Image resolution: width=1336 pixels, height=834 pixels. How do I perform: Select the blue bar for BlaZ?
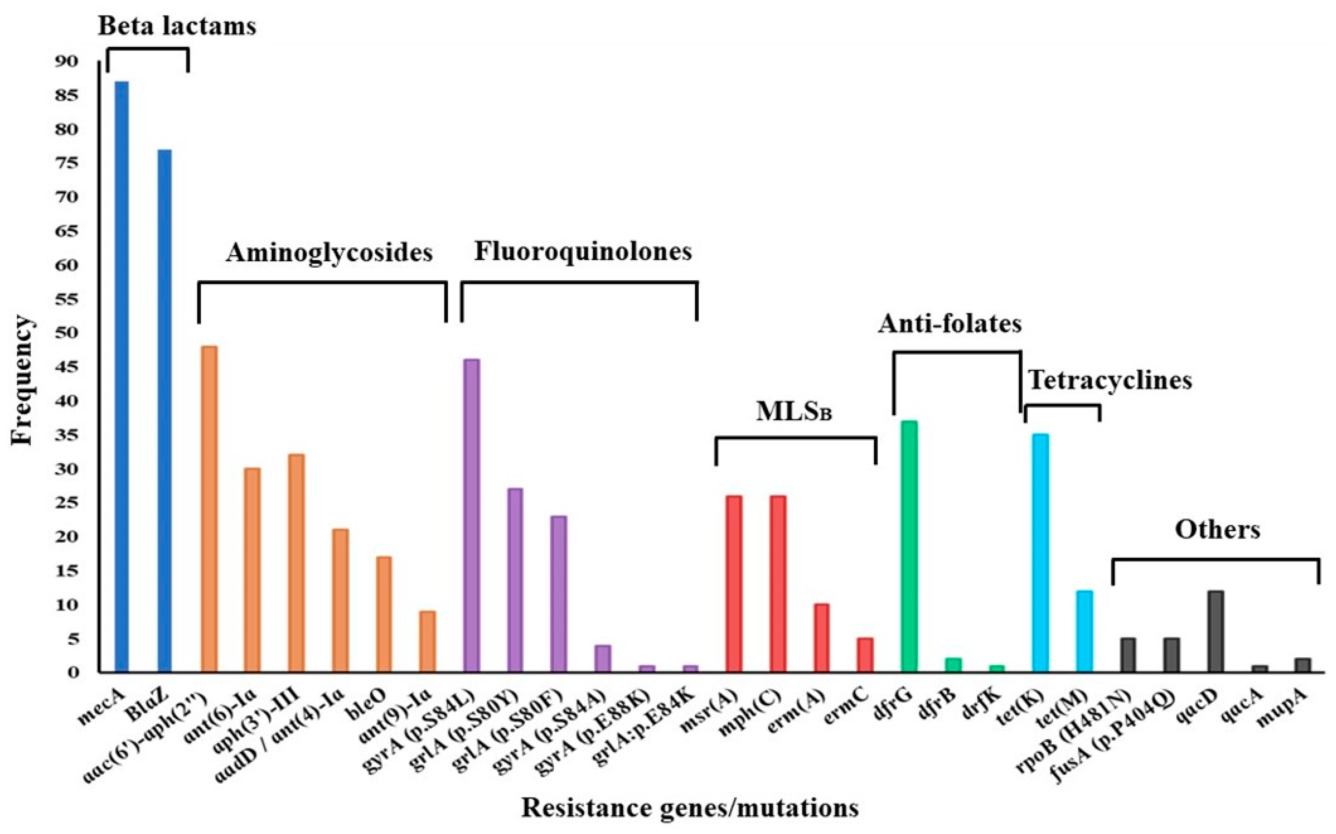tap(165, 411)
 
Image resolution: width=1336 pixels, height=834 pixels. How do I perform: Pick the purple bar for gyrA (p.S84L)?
tap(472, 516)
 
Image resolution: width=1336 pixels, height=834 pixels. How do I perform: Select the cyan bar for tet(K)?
tap(1040, 553)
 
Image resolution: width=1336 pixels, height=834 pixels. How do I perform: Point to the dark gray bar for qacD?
tap(1216, 632)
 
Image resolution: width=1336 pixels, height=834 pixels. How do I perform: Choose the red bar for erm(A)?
tap(822, 638)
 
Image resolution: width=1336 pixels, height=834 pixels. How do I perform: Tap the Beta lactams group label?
tap(177, 26)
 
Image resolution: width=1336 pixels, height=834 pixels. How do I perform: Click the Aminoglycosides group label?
tap(329, 253)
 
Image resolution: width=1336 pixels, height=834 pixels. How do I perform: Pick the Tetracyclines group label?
tap(1110, 380)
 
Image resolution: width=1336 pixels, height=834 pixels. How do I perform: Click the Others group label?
tap(1217, 529)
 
